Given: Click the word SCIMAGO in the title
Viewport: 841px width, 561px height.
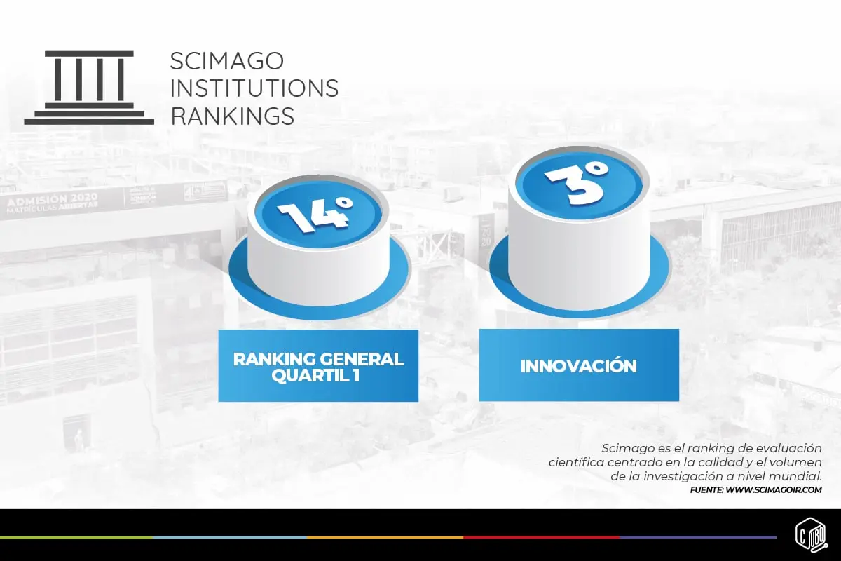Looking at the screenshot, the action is pyautogui.click(x=227, y=60).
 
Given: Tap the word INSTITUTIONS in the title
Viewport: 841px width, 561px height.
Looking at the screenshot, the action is pyautogui.click(x=254, y=88).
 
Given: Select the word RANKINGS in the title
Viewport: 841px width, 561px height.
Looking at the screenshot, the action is pyautogui.click(x=233, y=116).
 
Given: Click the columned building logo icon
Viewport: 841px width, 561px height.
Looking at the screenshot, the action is pyautogui.click(x=89, y=88).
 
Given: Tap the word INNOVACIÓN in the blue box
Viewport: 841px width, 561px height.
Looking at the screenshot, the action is pyautogui.click(x=579, y=366).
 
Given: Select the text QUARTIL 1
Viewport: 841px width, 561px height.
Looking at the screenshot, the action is pyautogui.click(x=315, y=375).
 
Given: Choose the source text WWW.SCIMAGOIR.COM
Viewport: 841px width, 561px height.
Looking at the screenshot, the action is pyautogui.click(x=774, y=490).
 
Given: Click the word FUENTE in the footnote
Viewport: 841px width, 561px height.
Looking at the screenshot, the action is pyautogui.click(x=707, y=490).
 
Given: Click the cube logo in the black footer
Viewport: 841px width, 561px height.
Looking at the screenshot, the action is pyautogui.click(x=812, y=536).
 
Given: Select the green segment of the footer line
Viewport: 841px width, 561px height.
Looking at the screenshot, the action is pyautogui.click(x=76, y=538).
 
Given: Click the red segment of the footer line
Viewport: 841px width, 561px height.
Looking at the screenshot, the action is pyautogui.click(x=541, y=538).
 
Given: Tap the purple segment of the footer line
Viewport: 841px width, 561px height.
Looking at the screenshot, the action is pyautogui.click(x=698, y=538).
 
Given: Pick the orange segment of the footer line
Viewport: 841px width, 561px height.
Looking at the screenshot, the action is pyautogui.click(x=385, y=538).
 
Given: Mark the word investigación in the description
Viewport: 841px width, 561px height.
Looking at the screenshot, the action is pyautogui.click(x=691, y=476).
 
